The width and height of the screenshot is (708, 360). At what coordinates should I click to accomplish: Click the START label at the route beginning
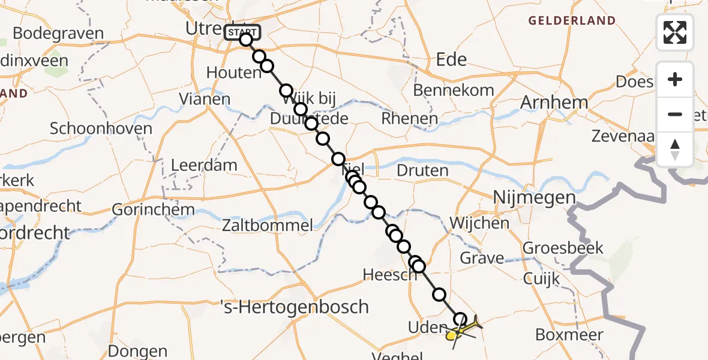pyautogui.click(x=242, y=32)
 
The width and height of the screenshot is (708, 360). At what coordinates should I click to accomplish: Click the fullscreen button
pyautogui.click(x=675, y=32)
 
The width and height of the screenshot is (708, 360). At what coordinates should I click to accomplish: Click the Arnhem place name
pyautogui.click(x=554, y=103)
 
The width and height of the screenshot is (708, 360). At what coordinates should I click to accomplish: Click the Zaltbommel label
pyautogui.click(x=268, y=226)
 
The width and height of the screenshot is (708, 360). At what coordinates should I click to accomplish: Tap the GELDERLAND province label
pyautogui.click(x=572, y=21)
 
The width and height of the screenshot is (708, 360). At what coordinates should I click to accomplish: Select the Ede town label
pyautogui.click(x=451, y=59)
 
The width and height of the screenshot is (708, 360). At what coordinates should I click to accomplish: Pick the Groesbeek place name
pyautogui.click(x=563, y=247)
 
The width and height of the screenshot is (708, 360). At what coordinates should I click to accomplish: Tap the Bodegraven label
pyautogui.click(x=58, y=34)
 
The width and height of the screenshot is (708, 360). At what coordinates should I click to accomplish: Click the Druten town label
pyautogui.click(x=422, y=170)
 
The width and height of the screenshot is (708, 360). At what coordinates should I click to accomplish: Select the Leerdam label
pyautogui.click(x=204, y=165)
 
